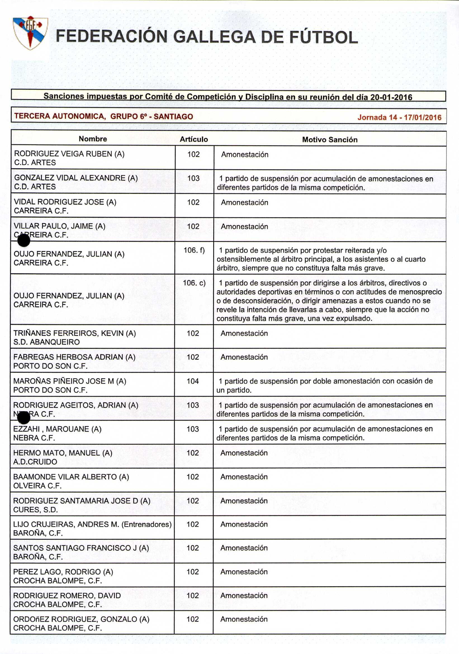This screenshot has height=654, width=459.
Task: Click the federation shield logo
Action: [30, 32]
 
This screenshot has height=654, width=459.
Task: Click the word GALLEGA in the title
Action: [214, 37]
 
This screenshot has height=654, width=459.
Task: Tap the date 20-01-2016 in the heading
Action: [391, 98]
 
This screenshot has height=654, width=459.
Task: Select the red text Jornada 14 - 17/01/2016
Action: [399, 117]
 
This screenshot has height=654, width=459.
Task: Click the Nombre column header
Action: [93, 139]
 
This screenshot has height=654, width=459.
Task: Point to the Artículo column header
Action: [194, 139]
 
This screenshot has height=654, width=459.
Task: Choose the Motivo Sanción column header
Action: [330, 139]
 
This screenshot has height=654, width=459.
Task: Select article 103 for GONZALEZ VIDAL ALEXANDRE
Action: [193, 178]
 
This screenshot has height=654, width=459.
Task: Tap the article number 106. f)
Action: [194, 250]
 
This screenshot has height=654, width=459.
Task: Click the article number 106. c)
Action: [194, 283]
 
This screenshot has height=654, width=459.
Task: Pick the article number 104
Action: [193, 381]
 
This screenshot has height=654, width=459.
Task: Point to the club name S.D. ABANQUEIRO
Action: [46, 342]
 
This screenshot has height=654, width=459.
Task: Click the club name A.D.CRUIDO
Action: [35, 462]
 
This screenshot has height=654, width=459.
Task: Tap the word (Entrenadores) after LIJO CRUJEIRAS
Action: [146, 524]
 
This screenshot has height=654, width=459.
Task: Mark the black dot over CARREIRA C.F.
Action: [24, 240]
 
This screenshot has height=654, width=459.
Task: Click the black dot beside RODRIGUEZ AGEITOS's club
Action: [24, 418]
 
